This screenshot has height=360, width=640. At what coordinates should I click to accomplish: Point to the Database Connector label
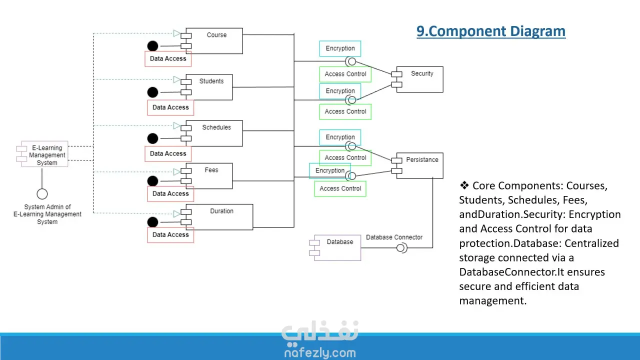tap(394, 237)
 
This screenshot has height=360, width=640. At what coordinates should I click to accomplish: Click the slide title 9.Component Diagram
tap(491, 31)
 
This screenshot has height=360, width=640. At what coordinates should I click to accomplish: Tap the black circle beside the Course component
tap(153, 46)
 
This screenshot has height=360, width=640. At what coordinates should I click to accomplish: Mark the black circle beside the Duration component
tap(153, 222)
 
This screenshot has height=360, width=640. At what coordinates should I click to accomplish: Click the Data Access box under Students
tap(170, 107)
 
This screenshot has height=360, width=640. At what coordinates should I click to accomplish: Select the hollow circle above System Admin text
tap(42, 194)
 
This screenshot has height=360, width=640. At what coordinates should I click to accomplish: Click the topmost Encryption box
tap(340, 48)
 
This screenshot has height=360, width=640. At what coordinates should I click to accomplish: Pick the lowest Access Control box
tap(340, 188)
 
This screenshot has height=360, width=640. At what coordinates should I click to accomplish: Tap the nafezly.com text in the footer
tap(320, 352)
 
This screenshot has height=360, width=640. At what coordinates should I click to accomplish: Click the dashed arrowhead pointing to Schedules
tap(176, 125)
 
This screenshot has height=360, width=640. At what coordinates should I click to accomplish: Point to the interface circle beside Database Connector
tap(401, 247)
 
